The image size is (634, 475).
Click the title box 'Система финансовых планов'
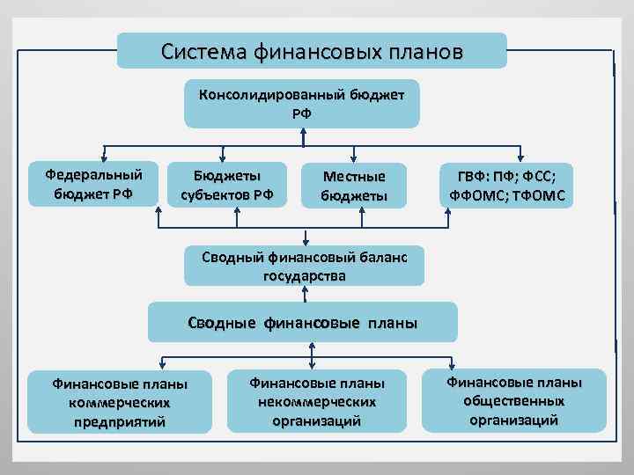click(x=312, y=51)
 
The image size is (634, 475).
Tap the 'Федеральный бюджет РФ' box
click(x=93, y=184)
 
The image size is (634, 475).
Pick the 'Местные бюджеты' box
click(x=354, y=186)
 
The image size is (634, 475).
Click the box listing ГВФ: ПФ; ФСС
click(x=505, y=186)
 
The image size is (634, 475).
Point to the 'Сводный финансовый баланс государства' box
click(x=303, y=266)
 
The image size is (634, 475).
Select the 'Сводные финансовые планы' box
click(x=303, y=322)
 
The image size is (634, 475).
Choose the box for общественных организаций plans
click(x=513, y=400)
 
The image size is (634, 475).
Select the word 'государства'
click(x=304, y=275)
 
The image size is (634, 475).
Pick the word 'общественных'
click(x=514, y=401)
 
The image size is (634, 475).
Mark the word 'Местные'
click(x=354, y=177)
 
